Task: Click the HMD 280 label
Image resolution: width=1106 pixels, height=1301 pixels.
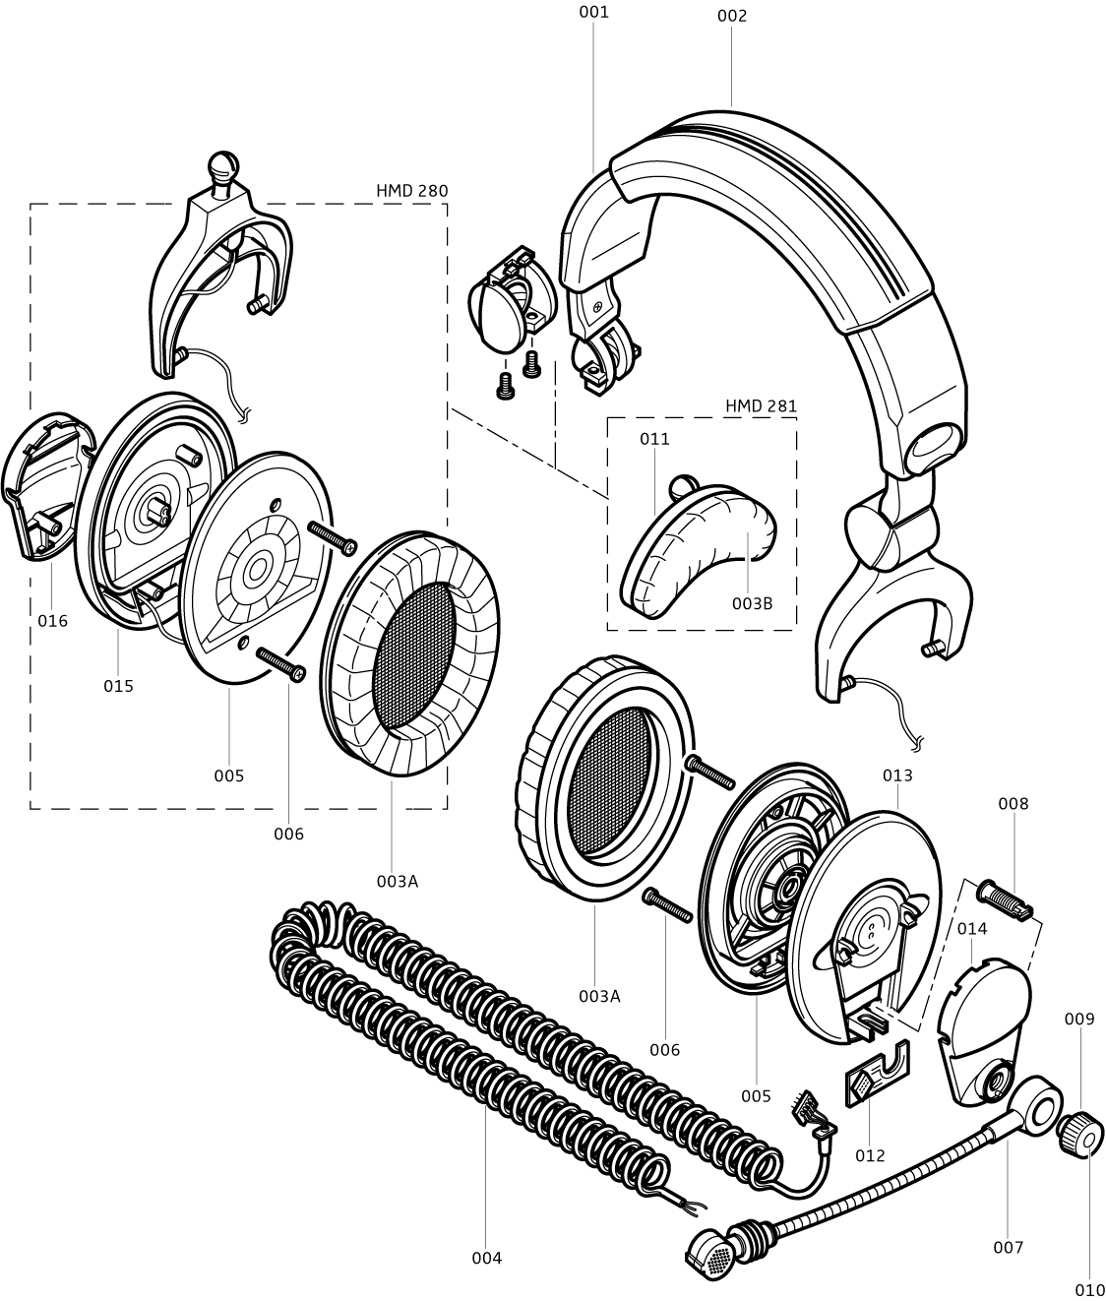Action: click(x=411, y=191)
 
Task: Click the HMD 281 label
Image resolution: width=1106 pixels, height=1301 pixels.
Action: click(x=761, y=406)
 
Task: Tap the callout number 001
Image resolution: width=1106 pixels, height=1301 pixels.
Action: click(x=593, y=12)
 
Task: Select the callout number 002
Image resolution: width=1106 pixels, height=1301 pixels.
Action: click(x=732, y=16)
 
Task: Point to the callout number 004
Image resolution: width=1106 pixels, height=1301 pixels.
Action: click(x=487, y=1259)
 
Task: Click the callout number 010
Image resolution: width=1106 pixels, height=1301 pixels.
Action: click(x=1089, y=1289)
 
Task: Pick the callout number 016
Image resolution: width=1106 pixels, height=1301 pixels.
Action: click(x=53, y=621)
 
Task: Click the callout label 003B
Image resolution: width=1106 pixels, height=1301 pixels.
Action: click(x=752, y=603)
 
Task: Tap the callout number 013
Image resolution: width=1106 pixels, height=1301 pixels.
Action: click(x=897, y=775)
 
